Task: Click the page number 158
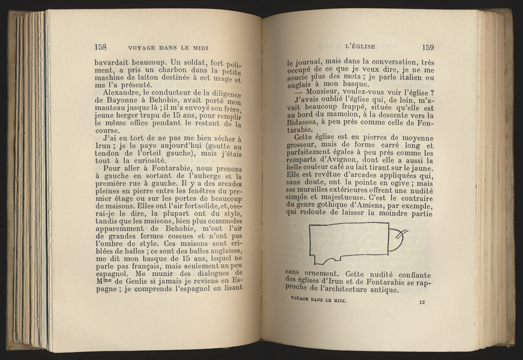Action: coord(100,47)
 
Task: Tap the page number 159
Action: coord(428,47)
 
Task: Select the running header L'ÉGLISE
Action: coord(360,46)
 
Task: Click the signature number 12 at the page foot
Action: coord(422,302)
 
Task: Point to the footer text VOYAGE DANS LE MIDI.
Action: coord(318,299)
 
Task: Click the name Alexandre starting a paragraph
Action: coord(119,92)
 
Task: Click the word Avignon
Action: coord(345,160)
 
